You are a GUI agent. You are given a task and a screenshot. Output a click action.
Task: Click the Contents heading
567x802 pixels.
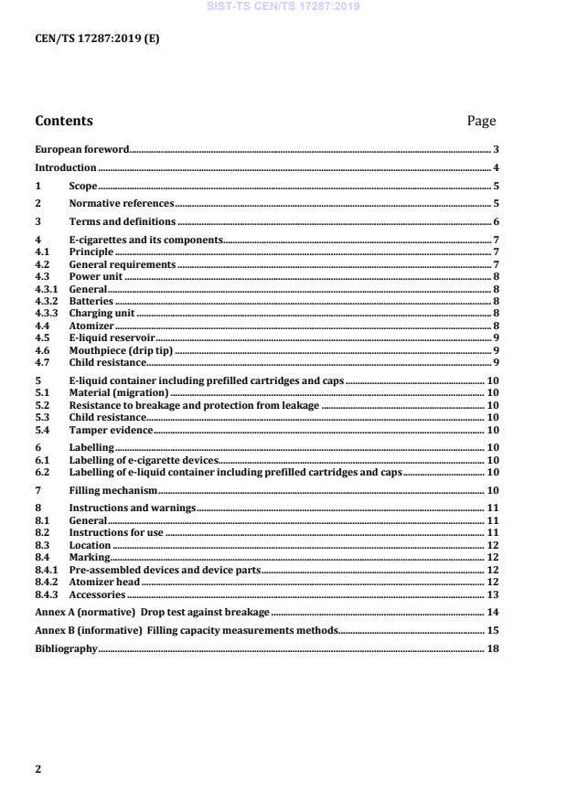63,121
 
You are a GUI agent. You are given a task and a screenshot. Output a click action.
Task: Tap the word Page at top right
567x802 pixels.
481,121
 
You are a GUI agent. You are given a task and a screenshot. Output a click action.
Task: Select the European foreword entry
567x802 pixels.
81,149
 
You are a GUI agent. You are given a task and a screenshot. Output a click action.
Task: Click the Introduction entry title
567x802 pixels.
65,168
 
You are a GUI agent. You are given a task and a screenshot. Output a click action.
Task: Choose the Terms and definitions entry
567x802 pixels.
123,222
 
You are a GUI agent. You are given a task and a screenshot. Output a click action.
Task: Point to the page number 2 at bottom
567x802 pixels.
37,769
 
